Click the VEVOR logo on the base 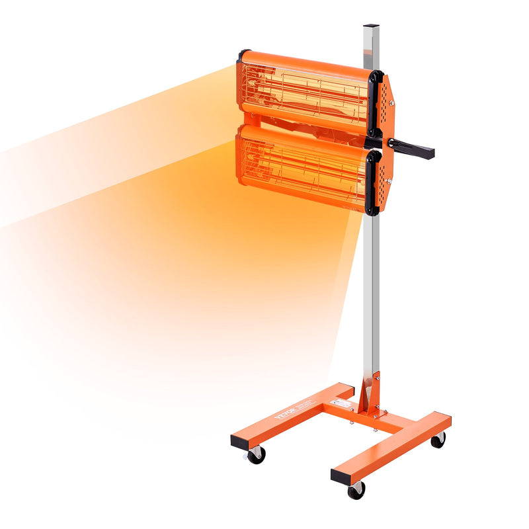tap(285, 409)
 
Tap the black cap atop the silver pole tap(371, 28)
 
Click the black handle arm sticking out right tap(413, 147)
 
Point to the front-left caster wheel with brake tap(255, 454)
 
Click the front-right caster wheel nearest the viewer tap(356, 489)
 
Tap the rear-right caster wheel tap(438, 440)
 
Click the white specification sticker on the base tap(342, 403)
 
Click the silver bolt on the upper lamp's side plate tap(391, 102)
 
